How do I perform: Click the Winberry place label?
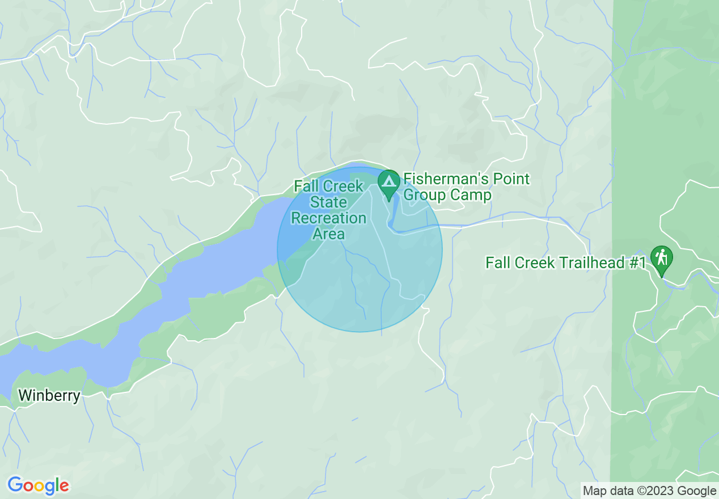(x=49, y=395)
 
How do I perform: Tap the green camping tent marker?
(x=389, y=183)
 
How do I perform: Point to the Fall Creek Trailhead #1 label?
(x=565, y=263)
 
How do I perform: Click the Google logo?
(x=39, y=486)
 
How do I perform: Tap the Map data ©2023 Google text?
(x=650, y=491)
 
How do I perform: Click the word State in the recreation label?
(x=328, y=202)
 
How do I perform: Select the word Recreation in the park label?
(x=329, y=218)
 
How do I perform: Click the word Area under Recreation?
(x=329, y=234)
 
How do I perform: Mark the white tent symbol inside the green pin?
(x=389, y=181)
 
